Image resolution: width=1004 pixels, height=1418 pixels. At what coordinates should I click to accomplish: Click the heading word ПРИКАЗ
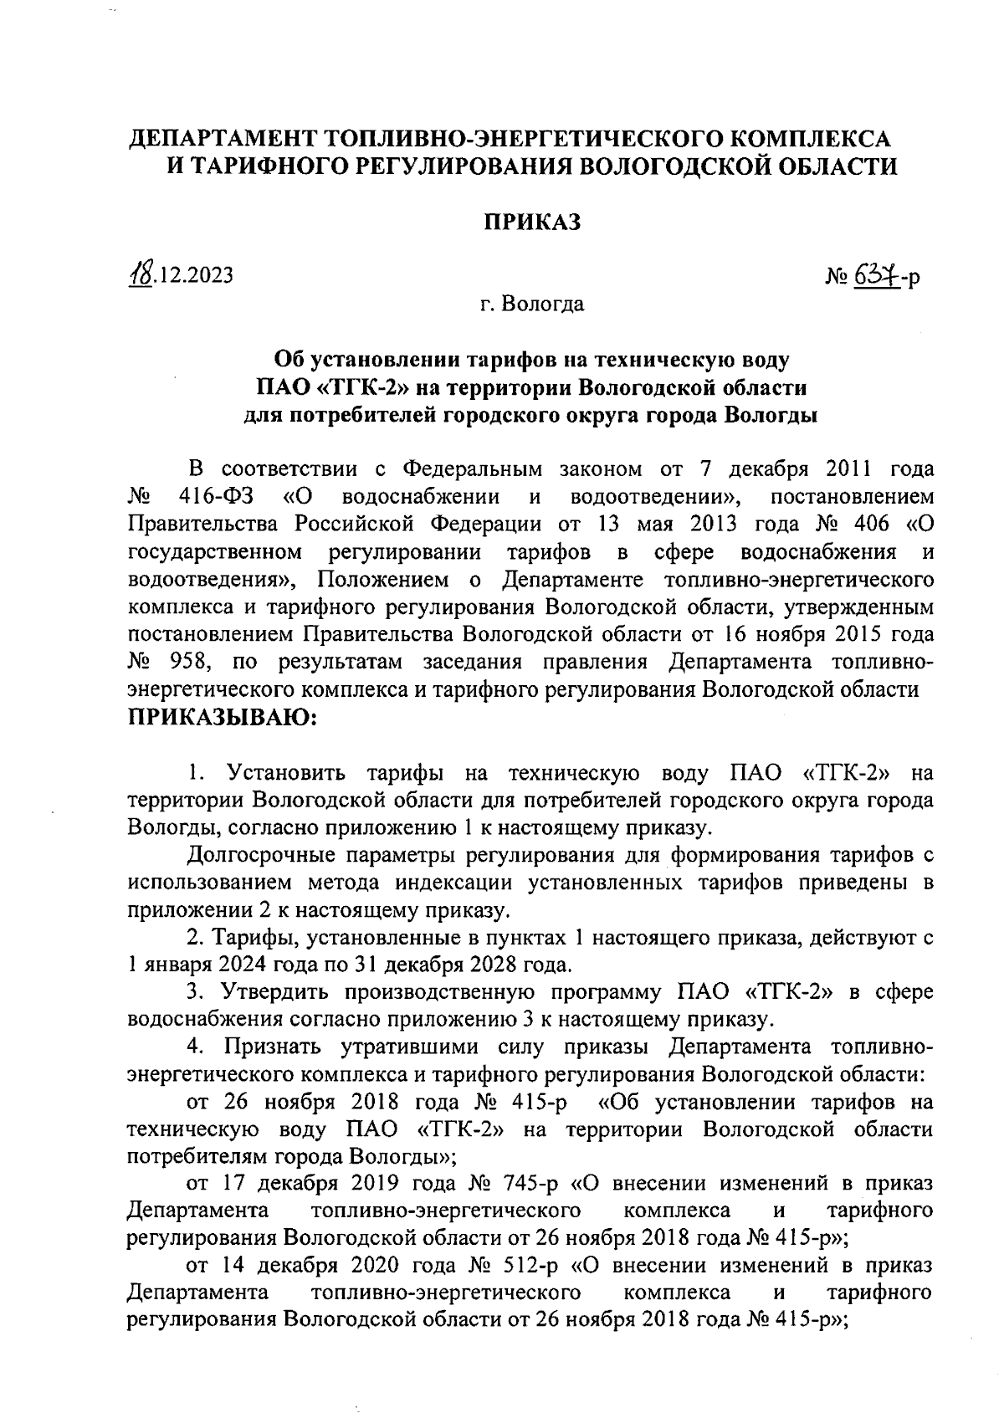[532, 222]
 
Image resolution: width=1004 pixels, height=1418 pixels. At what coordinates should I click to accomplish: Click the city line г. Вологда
[532, 304]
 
